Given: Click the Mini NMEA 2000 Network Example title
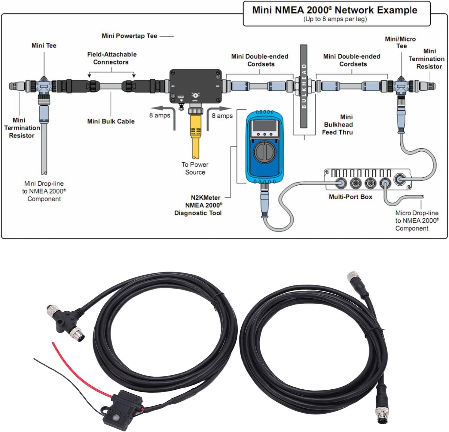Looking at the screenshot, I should click(334, 10).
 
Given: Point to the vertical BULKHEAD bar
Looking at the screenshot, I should click(304, 86).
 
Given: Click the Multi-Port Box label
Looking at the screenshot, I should click(350, 197).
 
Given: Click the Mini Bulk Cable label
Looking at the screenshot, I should click(111, 121).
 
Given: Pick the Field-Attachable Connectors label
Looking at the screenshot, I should click(112, 58).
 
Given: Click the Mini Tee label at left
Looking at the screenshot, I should click(44, 46).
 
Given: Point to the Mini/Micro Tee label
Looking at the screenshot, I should click(401, 42).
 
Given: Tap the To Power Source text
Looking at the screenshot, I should click(195, 168).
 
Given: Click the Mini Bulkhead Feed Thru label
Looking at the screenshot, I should click(338, 125).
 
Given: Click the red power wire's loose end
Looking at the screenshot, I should click(53, 344).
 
